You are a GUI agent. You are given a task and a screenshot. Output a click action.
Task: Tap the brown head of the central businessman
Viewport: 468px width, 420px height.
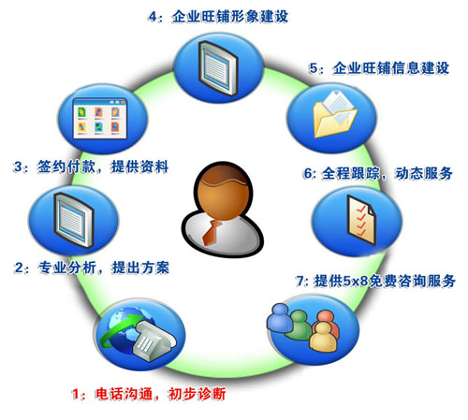pos(223,191)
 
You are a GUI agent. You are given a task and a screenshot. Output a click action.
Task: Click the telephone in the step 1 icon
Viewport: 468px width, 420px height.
pos(154,340)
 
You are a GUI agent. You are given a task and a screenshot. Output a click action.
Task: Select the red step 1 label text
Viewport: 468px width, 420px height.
pos(149,394)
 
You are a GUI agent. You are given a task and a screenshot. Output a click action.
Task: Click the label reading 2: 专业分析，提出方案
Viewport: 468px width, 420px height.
pos(92,268)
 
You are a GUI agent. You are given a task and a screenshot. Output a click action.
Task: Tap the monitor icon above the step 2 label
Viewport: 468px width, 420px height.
pos(74,220)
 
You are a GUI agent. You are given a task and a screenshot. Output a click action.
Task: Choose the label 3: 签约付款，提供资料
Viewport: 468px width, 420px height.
pos(91,167)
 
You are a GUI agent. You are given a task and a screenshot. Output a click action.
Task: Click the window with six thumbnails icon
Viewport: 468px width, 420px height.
pos(100,119)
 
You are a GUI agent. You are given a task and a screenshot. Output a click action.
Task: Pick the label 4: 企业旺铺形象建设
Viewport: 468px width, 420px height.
pos(218,16)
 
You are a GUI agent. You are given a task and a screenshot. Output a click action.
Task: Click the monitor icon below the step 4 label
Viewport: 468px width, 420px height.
pos(218,68)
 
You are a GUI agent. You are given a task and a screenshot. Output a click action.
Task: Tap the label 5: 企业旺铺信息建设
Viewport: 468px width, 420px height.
pos(379,68)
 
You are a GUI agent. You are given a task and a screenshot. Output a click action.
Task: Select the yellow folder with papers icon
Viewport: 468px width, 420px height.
pos(334,114)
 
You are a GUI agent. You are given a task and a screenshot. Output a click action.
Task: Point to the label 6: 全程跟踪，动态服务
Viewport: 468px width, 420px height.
pos(377,173)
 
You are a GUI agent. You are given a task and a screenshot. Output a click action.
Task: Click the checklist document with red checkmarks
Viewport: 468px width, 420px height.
pos(361,220)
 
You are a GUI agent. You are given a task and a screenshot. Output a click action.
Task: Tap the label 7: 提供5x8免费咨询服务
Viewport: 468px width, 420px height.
pos(375,281)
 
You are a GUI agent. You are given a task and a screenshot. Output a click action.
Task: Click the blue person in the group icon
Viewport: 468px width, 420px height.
pos(280,317)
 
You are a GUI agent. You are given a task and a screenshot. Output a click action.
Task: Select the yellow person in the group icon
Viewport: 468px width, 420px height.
pos(324,337)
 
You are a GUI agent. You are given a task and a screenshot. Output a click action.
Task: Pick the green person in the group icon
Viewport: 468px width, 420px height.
pos(299,326)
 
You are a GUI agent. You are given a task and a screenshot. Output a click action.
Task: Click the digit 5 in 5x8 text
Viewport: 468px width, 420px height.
pos(347,281)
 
